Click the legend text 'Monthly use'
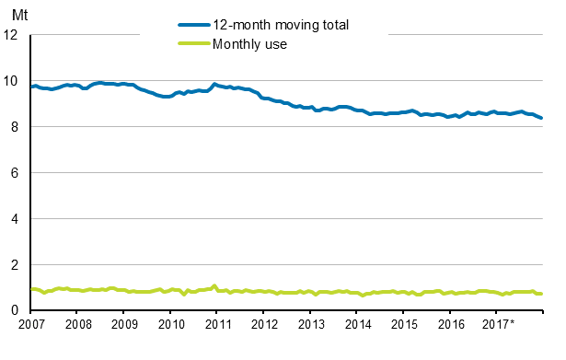[x=250, y=43]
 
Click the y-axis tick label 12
[x=11, y=35]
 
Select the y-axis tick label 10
[x=11, y=81]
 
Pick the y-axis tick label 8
[x=15, y=127]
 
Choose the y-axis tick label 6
[x=15, y=173]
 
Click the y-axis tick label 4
[x=15, y=219]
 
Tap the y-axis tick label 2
[x=15, y=265]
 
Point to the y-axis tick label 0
[x=15, y=311]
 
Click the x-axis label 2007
[x=31, y=325]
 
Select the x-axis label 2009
[x=124, y=325]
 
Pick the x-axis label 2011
[x=217, y=325]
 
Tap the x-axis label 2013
[x=311, y=325]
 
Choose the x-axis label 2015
[x=404, y=325]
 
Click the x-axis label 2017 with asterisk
[x=499, y=325]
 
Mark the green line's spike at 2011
[x=214, y=285]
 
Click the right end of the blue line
[x=541, y=118]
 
